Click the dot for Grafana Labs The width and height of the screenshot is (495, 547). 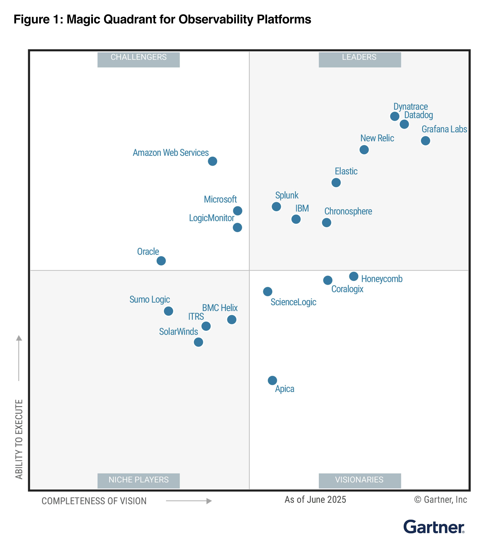pos(425,141)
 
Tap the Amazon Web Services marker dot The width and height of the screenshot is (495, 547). pos(212,161)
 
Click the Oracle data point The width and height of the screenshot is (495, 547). pos(161,261)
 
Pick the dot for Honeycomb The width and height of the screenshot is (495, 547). pos(353,276)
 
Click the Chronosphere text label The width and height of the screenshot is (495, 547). pos(348,211)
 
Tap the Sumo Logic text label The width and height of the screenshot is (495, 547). pos(150,299)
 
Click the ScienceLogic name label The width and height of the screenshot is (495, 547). pos(293,302)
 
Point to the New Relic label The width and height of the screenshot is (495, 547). pos(377,138)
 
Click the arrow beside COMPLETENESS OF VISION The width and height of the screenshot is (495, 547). pos(189,501)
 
